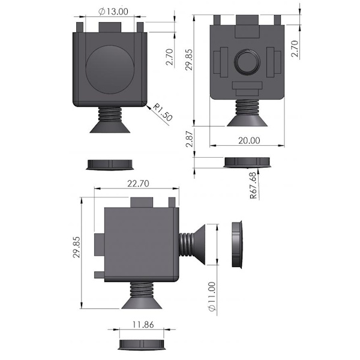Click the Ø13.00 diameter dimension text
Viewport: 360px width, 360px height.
(113, 11)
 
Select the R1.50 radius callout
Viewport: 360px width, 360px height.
(163, 112)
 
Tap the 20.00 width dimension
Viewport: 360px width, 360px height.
(249, 140)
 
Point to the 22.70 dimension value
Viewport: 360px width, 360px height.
(138, 184)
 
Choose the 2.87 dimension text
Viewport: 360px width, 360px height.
(190, 139)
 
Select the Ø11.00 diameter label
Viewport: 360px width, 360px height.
(212, 296)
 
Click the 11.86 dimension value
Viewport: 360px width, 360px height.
(143, 325)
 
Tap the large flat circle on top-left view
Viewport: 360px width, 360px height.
(110, 70)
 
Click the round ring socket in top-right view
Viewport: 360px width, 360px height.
(247, 62)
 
